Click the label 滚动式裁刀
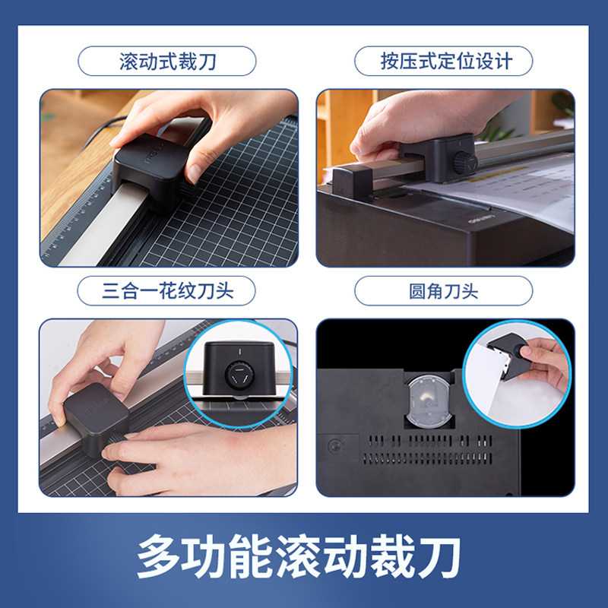coord(167,61)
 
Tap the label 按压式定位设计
coord(444,61)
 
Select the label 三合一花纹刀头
coord(167,291)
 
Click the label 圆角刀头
coord(444,291)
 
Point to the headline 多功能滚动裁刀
coord(304,557)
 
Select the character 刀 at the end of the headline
coord(442,557)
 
